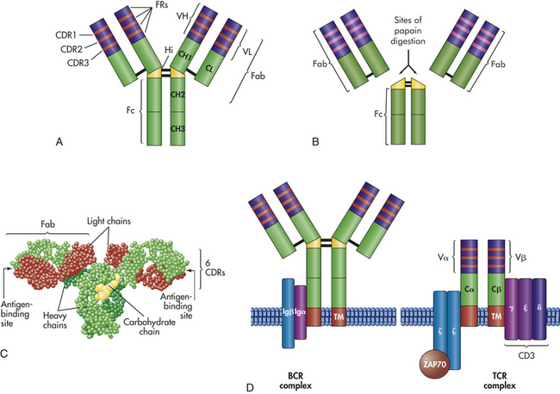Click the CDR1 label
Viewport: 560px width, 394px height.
tap(65, 35)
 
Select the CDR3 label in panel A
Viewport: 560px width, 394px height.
tap(78, 63)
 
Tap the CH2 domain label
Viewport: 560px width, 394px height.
tap(177, 95)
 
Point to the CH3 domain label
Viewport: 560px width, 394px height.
tap(177, 129)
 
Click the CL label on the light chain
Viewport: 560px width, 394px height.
tap(208, 68)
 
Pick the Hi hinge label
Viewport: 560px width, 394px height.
tap(169, 50)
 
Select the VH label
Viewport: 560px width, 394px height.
tap(183, 16)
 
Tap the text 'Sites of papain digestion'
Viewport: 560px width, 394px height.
tap(408, 31)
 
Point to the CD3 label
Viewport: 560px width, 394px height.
tap(526, 355)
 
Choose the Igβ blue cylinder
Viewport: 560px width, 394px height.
tap(289, 313)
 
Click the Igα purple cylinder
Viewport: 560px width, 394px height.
tap(300, 312)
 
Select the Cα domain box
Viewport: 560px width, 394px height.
tap(469, 290)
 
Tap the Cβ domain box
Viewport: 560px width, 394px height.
tap(496, 290)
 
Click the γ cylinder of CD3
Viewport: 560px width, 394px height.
tap(512, 309)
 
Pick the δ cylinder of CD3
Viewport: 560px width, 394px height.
tap(539, 309)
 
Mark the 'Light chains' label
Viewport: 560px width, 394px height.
tap(109, 221)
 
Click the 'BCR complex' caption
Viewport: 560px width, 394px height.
tap(296, 381)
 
